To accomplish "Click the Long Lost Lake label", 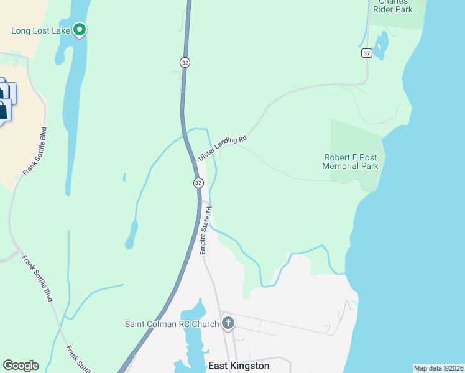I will (41, 30).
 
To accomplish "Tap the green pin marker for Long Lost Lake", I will (80, 29).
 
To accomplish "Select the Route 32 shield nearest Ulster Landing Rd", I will (198, 183).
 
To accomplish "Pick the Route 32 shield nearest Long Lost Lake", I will (185, 62).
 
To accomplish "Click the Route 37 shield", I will (366, 53).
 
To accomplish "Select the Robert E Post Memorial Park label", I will (351, 162).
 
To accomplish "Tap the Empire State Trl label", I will (206, 230).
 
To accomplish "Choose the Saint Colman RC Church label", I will (172, 324).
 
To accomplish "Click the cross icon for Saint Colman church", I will (228, 323).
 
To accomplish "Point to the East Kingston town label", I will (239, 366).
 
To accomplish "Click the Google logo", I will (21, 366).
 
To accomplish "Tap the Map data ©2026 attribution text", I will (438, 368).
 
